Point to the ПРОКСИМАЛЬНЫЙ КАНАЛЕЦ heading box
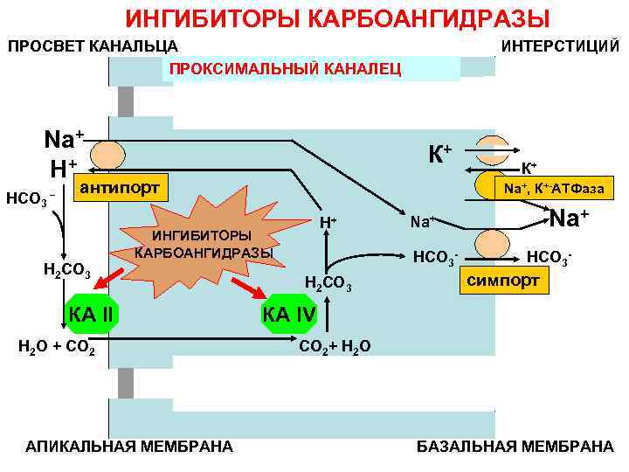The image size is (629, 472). [285, 68]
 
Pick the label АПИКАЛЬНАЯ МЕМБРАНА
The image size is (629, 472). [129, 447]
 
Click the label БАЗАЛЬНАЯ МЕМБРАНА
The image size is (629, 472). [515, 447]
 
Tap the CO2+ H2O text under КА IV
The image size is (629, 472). [335, 347]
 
